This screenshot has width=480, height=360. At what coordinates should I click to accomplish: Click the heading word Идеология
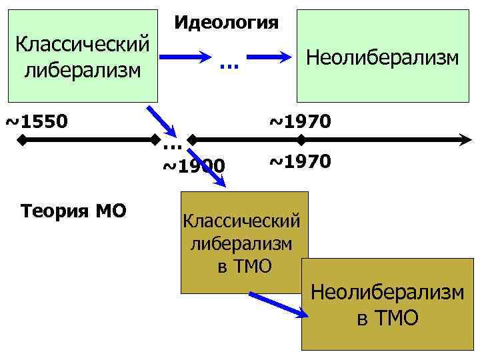(226, 22)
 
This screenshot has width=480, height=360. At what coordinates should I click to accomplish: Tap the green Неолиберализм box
(383, 56)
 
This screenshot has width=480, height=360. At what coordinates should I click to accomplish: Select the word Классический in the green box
(81, 46)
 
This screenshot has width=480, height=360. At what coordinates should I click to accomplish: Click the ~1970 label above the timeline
(299, 122)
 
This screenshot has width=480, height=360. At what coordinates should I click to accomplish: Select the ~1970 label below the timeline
(299, 161)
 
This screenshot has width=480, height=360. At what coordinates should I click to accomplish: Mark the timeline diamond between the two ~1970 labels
(301, 141)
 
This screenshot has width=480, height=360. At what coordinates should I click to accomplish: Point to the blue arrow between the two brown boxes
(275, 303)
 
